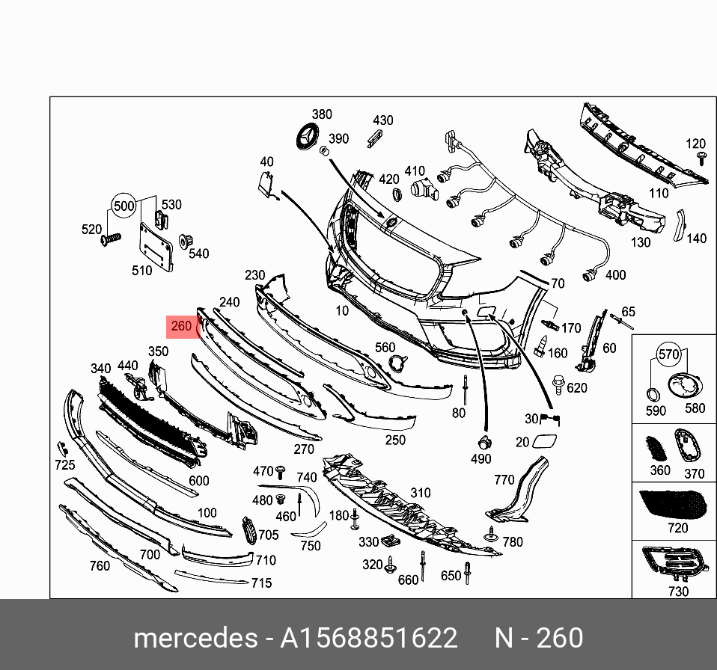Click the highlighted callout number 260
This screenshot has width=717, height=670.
tap(181, 326)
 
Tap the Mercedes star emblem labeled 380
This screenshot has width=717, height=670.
tap(308, 135)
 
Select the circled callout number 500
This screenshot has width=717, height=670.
tap(124, 206)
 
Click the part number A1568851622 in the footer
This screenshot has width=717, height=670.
tap(368, 638)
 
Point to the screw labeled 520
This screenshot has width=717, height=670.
tap(111, 239)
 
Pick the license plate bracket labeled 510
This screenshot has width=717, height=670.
tap(156, 248)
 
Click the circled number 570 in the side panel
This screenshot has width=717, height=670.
tap(668, 354)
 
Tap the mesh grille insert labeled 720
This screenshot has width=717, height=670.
tap(672, 505)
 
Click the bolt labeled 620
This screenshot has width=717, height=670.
tap(558, 384)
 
